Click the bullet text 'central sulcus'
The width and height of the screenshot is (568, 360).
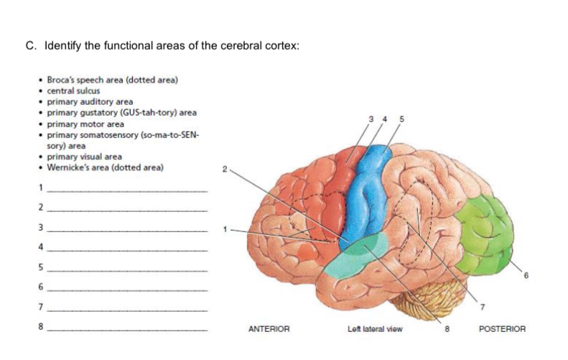coord(73,91)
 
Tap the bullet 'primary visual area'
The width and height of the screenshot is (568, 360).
coord(84,157)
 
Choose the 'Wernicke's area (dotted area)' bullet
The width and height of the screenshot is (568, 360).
coord(105,167)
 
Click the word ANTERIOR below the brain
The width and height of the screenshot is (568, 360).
coord(269,329)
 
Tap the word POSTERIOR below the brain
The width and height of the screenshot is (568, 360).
coord(502,329)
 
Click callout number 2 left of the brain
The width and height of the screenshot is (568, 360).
coord(225,170)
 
